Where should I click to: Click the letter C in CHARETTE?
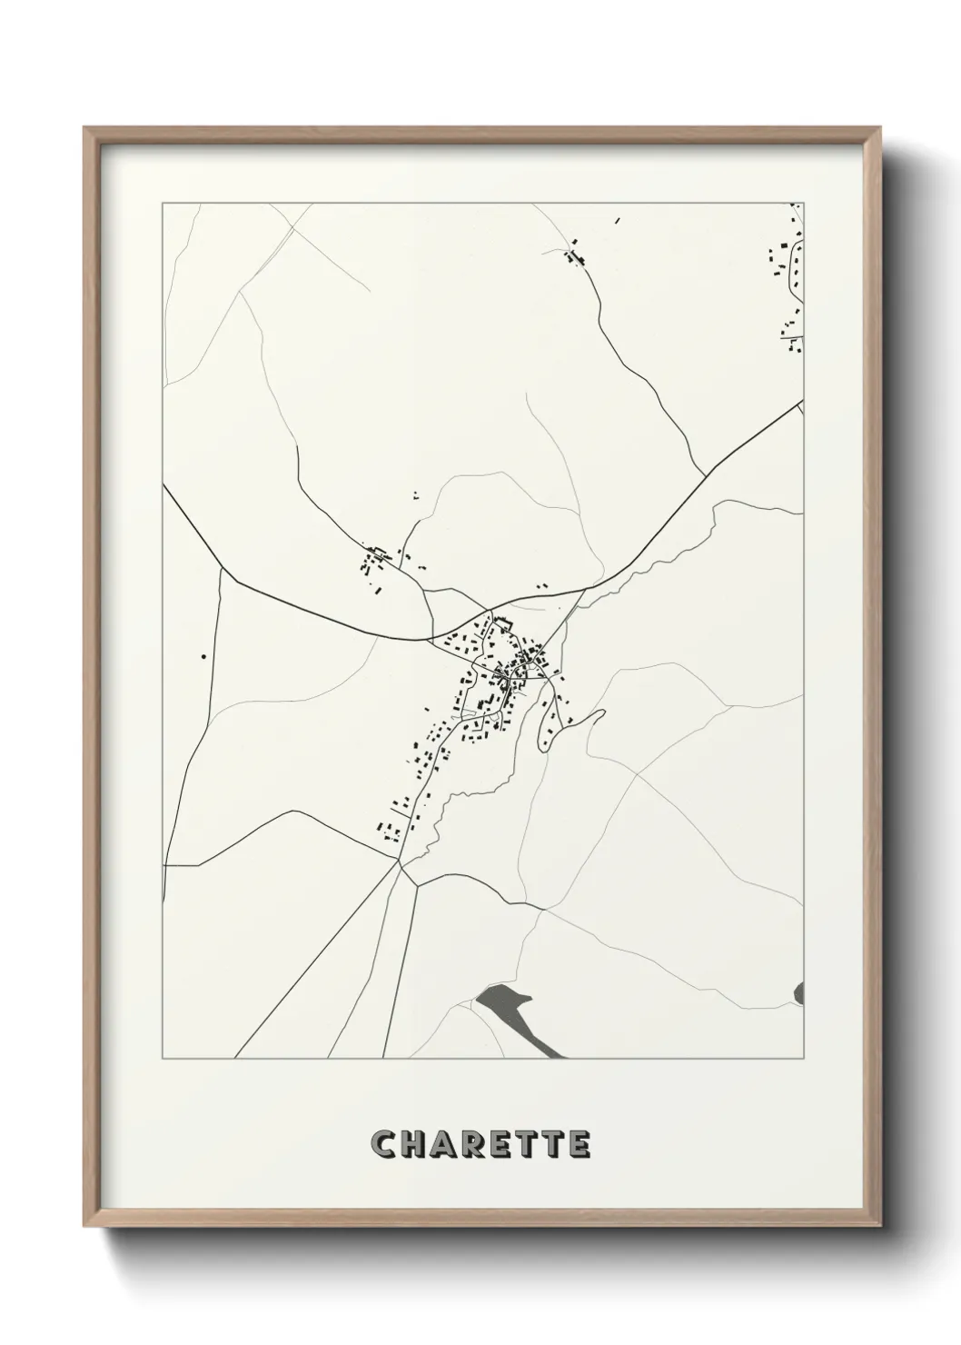click(384, 1144)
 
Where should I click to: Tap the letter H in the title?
click(414, 1144)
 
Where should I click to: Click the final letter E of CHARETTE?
click(580, 1144)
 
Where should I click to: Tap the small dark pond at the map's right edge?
click(799, 992)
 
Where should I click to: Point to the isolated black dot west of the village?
click(203, 656)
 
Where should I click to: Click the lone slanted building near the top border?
click(618, 219)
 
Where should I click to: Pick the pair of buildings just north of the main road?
click(542, 587)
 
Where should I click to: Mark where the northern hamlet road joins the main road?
click(705, 473)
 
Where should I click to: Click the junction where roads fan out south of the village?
click(400, 864)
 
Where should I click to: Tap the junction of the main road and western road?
click(223, 571)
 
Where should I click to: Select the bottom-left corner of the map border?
click(163, 1059)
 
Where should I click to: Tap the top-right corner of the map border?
click(804, 204)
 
